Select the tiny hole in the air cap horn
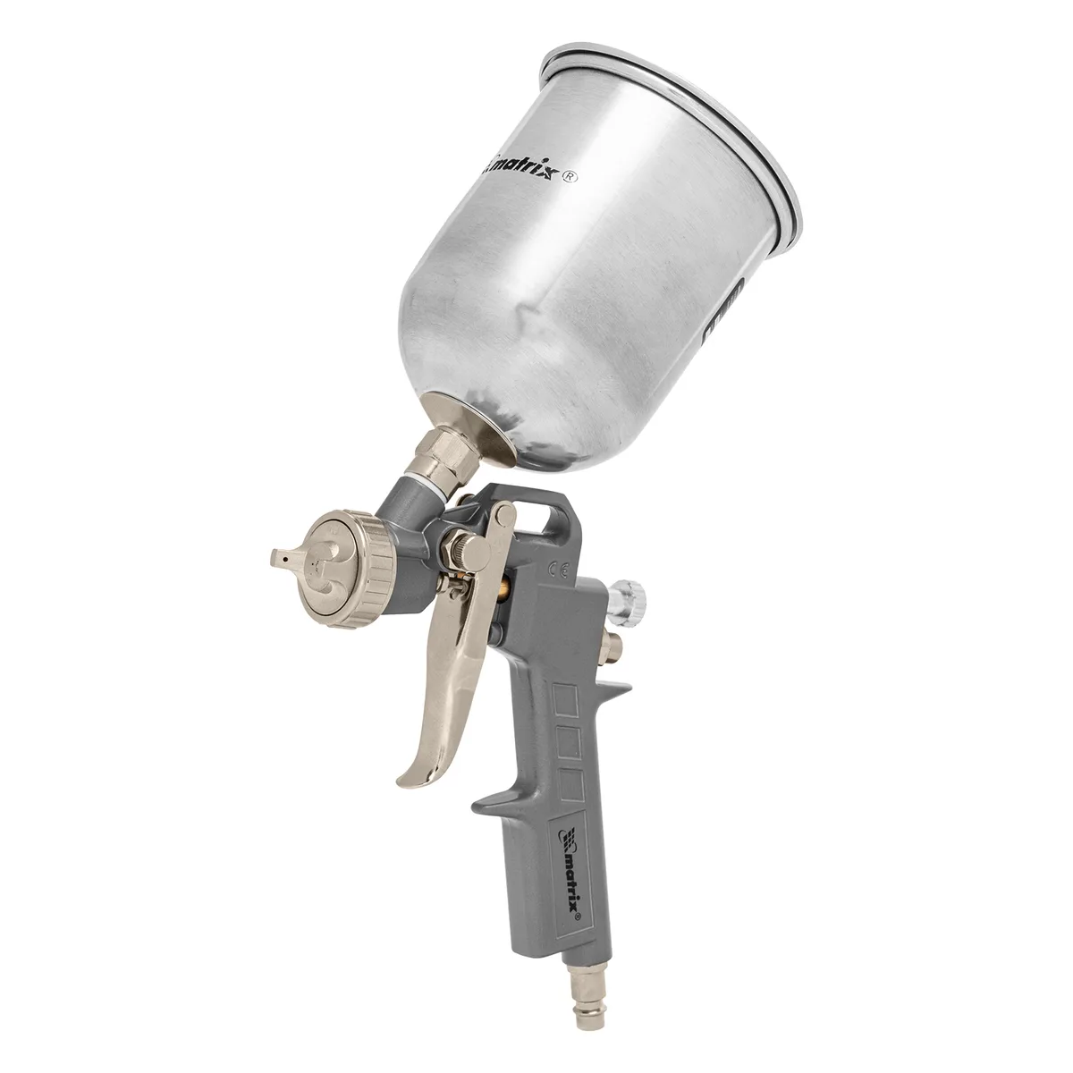(x=285, y=556)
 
